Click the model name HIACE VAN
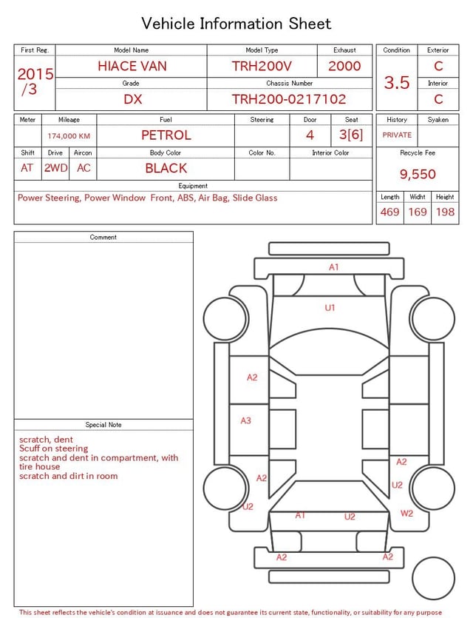tap(132, 66)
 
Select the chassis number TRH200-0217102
tap(289, 99)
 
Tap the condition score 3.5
tap(397, 82)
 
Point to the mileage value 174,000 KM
tap(69, 136)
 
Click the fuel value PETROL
tap(166, 135)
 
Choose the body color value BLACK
tap(166, 168)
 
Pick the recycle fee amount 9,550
tap(418, 174)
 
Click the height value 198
tap(445, 212)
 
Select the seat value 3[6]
tap(351, 135)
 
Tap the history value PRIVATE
tap(397, 135)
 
